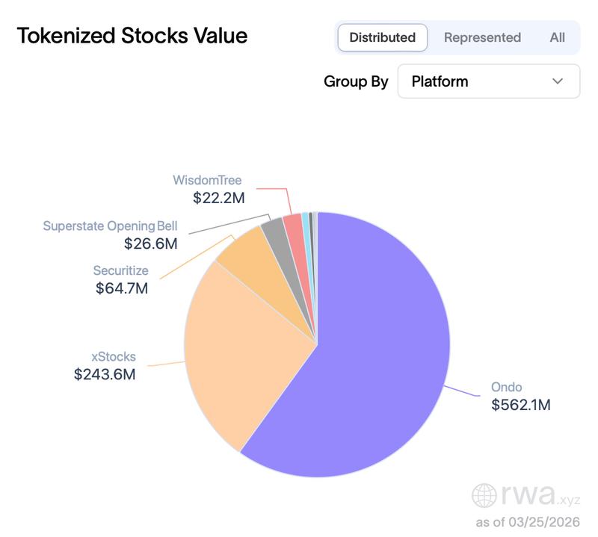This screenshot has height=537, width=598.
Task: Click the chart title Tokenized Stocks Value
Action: (132, 36)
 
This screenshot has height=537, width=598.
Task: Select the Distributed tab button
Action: (382, 37)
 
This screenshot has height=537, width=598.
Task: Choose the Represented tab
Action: (482, 37)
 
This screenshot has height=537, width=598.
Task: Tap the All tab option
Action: (557, 37)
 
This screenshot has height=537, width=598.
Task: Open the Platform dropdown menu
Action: (489, 81)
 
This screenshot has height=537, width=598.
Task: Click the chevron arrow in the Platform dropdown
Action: (558, 81)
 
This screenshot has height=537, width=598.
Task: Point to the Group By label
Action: (356, 81)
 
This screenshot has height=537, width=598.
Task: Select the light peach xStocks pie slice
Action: (239, 351)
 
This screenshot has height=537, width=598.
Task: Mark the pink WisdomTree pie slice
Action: (294, 224)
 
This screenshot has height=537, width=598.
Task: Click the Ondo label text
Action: (506, 387)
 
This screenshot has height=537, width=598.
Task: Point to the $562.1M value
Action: (520, 405)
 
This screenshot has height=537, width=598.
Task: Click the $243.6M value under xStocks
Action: (105, 375)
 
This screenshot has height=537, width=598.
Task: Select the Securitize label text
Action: (120, 270)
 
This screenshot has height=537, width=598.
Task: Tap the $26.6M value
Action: (150, 243)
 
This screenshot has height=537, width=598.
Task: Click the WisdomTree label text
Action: (207, 180)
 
